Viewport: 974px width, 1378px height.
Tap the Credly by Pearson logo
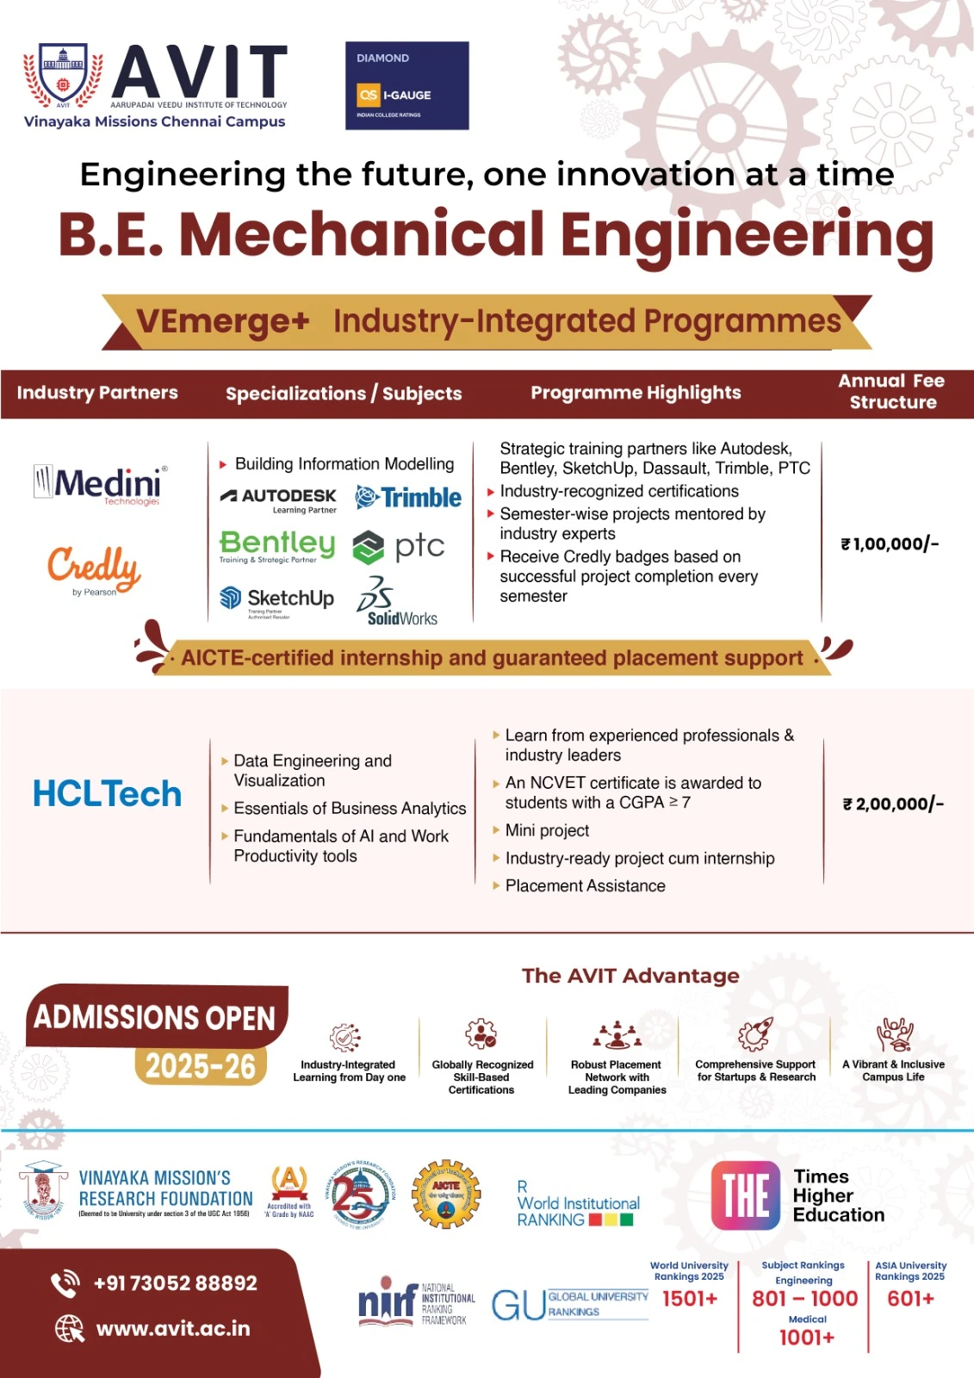coord(94,569)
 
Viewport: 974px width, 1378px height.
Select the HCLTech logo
coord(107,794)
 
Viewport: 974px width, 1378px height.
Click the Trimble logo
coord(409,497)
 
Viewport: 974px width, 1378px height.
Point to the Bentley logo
coord(276,546)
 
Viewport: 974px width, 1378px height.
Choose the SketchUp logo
coord(276,599)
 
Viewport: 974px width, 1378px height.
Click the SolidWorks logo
coord(397,601)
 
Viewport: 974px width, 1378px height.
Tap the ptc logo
coord(399,546)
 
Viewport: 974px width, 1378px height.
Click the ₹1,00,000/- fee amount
coord(890,544)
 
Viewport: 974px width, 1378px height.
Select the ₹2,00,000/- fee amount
coord(893,804)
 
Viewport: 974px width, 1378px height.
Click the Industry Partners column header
coord(97,393)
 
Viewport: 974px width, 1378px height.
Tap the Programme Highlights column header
coord(636,393)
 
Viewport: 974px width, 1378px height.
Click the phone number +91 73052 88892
coord(175,1283)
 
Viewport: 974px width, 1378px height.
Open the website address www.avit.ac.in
coord(172,1329)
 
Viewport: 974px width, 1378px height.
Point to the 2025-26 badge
coord(200,1066)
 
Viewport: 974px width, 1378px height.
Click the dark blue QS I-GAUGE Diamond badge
coord(406,85)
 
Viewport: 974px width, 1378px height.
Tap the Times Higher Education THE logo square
coord(745,1195)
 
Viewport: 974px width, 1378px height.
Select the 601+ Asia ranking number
coord(910,1299)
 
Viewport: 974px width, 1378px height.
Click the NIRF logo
coord(388,1302)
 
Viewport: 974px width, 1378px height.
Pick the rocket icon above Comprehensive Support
coord(755,1034)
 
